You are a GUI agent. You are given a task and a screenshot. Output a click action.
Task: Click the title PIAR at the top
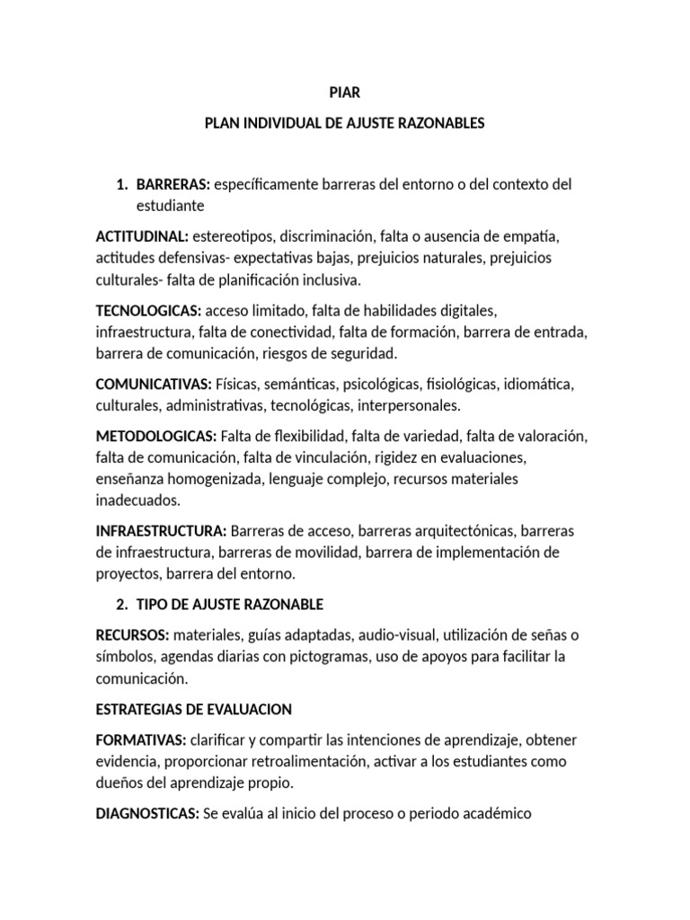345,93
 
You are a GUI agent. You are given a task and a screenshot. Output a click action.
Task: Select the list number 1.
120,184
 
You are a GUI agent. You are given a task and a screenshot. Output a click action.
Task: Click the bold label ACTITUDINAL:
142,236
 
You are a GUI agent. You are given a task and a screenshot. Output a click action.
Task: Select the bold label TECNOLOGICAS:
148,310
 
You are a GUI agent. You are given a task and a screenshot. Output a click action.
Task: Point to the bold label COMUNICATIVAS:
154,384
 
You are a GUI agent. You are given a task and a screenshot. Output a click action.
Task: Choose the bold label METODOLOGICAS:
156,436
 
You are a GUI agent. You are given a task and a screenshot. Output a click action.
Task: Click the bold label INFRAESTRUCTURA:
161,530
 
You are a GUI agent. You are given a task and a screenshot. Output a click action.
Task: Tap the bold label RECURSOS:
132,635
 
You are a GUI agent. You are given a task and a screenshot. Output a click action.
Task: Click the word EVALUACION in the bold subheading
249,709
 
